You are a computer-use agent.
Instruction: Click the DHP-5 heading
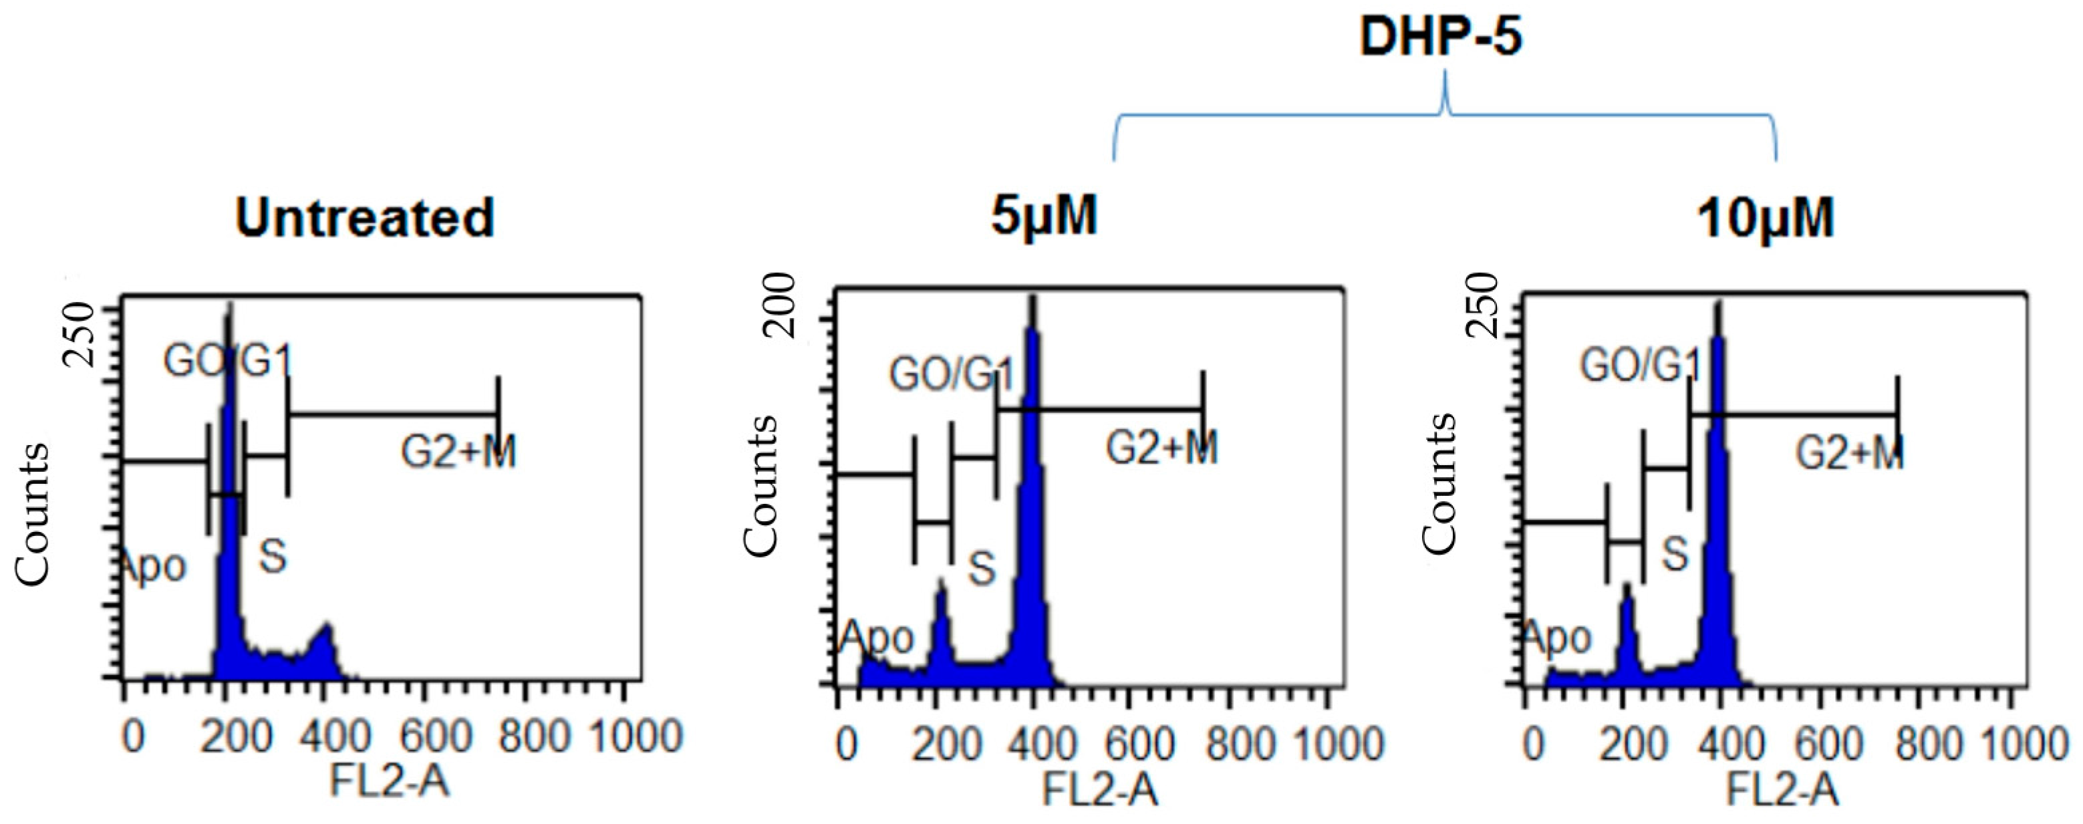(x=1440, y=37)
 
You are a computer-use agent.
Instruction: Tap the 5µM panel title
(x=1044, y=216)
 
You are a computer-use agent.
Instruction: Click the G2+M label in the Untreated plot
(x=458, y=451)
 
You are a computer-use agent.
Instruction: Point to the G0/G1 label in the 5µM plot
(x=951, y=375)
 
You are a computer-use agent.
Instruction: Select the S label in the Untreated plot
(x=273, y=556)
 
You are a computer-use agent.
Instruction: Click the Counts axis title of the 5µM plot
(x=760, y=485)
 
